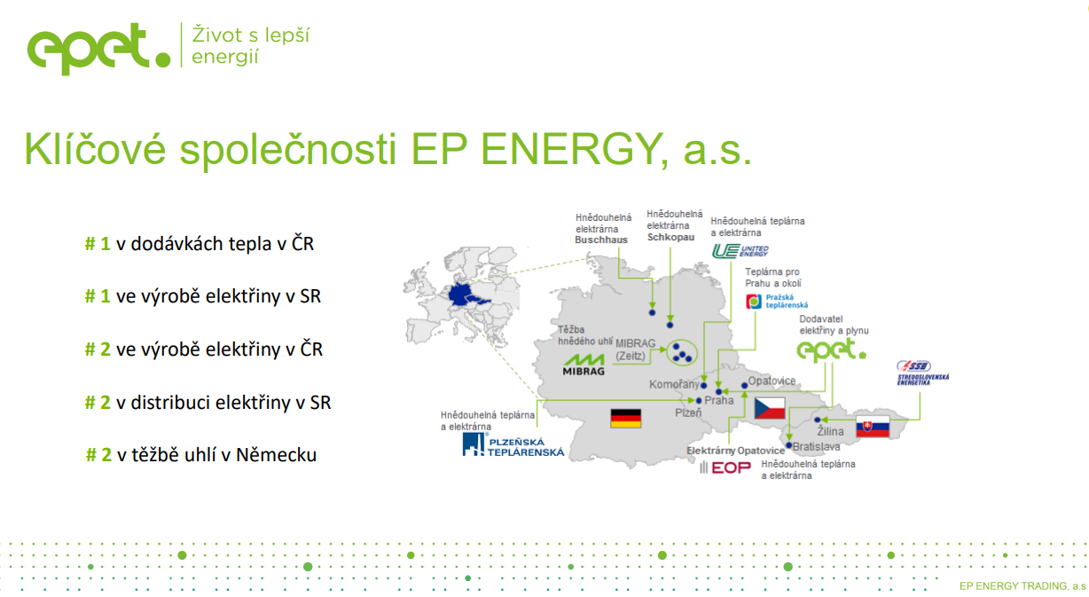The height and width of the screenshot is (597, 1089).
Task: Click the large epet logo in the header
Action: pyautogui.click(x=98, y=48)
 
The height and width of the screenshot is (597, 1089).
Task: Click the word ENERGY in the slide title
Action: pyautogui.click(x=572, y=149)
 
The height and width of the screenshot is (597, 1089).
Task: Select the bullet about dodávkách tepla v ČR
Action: pyautogui.click(x=200, y=244)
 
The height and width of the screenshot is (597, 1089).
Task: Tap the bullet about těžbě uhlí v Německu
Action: pyautogui.click(x=200, y=455)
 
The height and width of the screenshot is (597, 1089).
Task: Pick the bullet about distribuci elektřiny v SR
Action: pyautogui.click(x=208, y=403)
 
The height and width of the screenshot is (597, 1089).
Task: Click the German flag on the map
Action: pyautogui.click(x=626, y=418)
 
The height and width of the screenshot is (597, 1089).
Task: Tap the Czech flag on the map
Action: pyautogui.click(x=770, y=408)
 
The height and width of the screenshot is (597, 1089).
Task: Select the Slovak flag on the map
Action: pyautogui.click(x=873, y=427)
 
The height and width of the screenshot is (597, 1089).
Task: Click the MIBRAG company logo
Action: pyautogui.click(x=584, y=365)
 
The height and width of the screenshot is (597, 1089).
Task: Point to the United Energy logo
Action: pyautogui.click(x=740, y=251)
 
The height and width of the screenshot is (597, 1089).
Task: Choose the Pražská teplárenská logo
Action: pyautogui.click(x=777, y=302)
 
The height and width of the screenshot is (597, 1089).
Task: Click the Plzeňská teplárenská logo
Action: pyautogui.click(x=513, y=444)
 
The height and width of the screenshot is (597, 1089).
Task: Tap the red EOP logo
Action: pyautogui.click(x=725, y=467)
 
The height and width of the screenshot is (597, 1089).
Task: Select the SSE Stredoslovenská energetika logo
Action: pyautogui.click(x=923, y=373)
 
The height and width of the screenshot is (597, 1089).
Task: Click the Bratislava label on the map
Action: pyautogui.click(x=816, y=446)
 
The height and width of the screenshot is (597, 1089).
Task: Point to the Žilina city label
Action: pyautogui.click(x=830, y=431)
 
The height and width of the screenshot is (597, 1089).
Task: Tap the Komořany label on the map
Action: pyautogui.click(x=674, y=385)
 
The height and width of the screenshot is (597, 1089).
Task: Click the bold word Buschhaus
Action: pyautogui.click(x=601, y=240)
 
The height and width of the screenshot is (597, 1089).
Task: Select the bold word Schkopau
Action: pyautogui.click(x=671, y=237)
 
